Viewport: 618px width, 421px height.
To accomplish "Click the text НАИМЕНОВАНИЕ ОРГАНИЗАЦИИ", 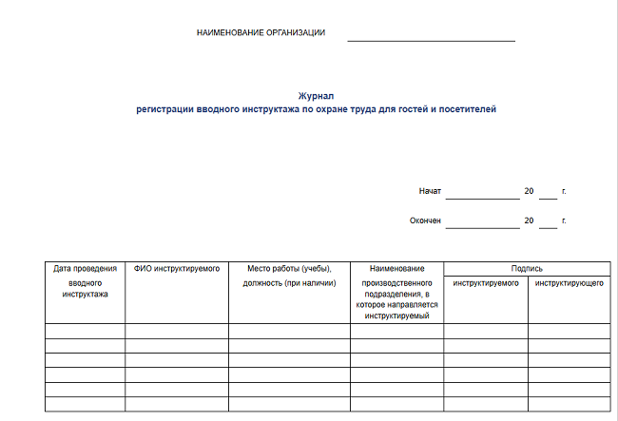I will tap(261, 32).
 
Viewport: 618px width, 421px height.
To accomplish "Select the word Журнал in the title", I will tap(316, 96).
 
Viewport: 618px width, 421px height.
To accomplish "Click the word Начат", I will tap(430, 191).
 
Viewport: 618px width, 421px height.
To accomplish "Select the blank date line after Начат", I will tap(482, 196).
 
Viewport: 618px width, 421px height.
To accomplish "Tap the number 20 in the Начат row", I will tap(529, 191).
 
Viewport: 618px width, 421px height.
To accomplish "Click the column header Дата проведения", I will tap(85, 269).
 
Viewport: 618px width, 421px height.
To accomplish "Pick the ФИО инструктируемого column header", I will tap(177, 269).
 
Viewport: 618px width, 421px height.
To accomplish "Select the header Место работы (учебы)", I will tap(288, 269).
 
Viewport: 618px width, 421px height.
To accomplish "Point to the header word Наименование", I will tap(396, 269).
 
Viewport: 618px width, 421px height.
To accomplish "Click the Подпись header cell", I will tap(526, 269).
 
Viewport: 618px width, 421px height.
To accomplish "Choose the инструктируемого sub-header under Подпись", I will tap(485, 283).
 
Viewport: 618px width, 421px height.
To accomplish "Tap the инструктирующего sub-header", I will tap(569, 283).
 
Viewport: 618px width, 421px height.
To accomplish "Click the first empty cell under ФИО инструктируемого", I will tap(177, 331).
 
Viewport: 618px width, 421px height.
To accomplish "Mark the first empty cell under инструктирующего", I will tap(569, 331).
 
